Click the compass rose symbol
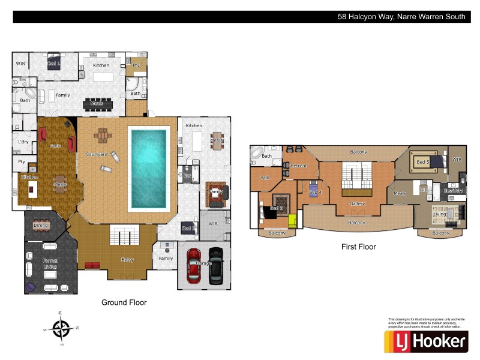[x=61, y=328]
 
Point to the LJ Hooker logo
[x=425, y=341]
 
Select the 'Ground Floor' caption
[x=124, y=302]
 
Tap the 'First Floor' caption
[x=358, y=247]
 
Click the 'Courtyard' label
[x=96, y=154]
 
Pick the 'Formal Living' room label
[x=50, y=264]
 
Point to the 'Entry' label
[x=127, y=260]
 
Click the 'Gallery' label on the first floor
[x=358, y=204]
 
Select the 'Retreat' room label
[x=299, y=166]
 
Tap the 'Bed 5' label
[x=422, y=162]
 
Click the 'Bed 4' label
[x=316, y=192]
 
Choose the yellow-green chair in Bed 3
[x=293, y=221]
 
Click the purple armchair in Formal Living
[x=30, y=287]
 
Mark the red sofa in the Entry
[x=92, y=265]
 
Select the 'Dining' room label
[x=41, y=226]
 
